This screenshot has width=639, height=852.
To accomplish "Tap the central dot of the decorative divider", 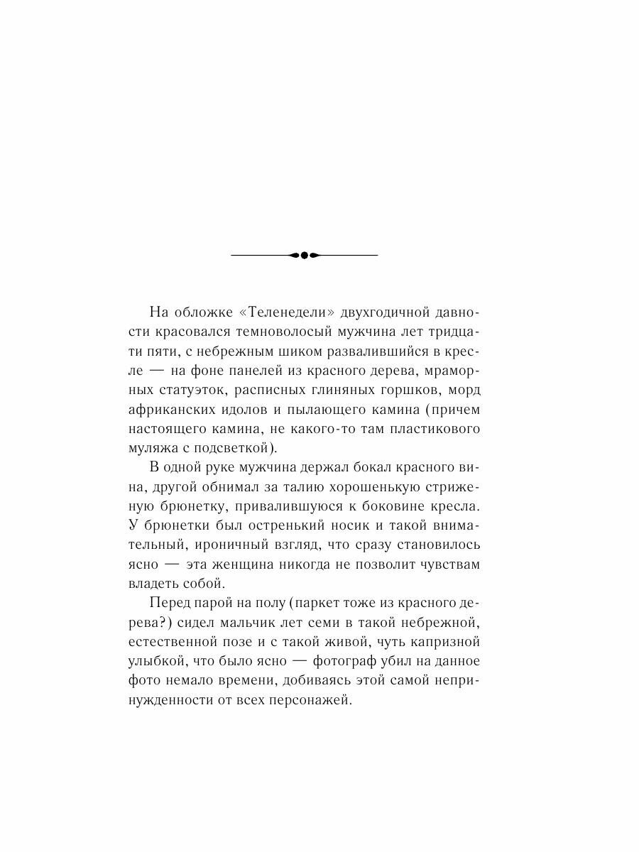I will (x=304, y=255).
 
